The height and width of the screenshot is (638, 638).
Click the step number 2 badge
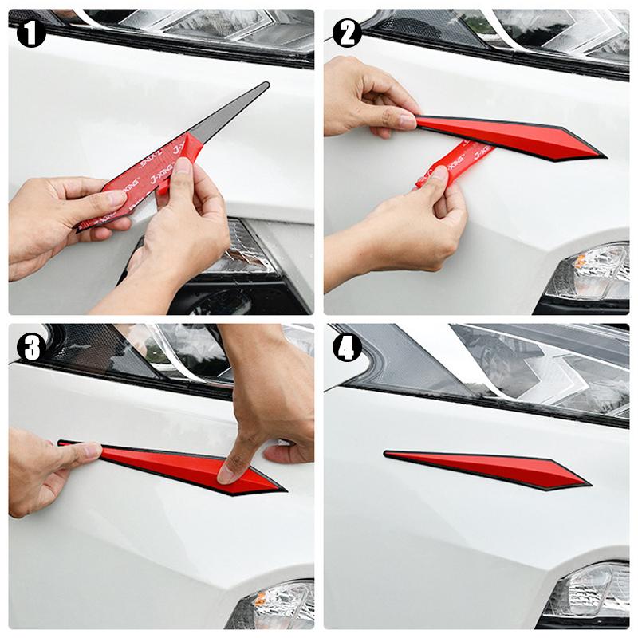click(x=348, y=33)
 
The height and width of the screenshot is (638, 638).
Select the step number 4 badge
click(x=348, y=348)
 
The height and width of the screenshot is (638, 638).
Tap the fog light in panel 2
click(x=590, y=275)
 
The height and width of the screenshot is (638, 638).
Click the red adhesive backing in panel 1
click(x=136, y=187)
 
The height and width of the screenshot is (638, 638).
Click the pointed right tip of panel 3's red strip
click(x=282, y=488)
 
